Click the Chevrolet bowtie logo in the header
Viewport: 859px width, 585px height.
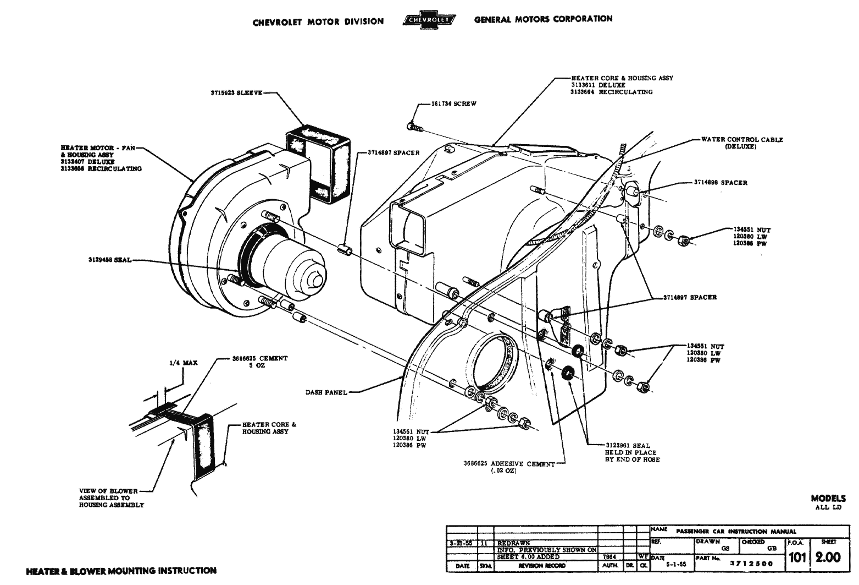429,20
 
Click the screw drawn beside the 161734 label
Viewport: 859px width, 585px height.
413,127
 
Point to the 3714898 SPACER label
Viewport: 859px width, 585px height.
720,183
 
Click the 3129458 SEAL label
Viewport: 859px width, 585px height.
109,260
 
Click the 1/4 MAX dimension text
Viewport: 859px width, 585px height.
183,363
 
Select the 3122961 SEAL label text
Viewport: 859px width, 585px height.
627,446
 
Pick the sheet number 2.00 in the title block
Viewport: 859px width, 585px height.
828,557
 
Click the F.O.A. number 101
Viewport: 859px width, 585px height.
797,557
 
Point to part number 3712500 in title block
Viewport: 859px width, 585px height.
751,564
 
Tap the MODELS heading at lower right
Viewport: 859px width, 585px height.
828,498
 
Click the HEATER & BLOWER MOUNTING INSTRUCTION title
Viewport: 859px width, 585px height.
121,571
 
